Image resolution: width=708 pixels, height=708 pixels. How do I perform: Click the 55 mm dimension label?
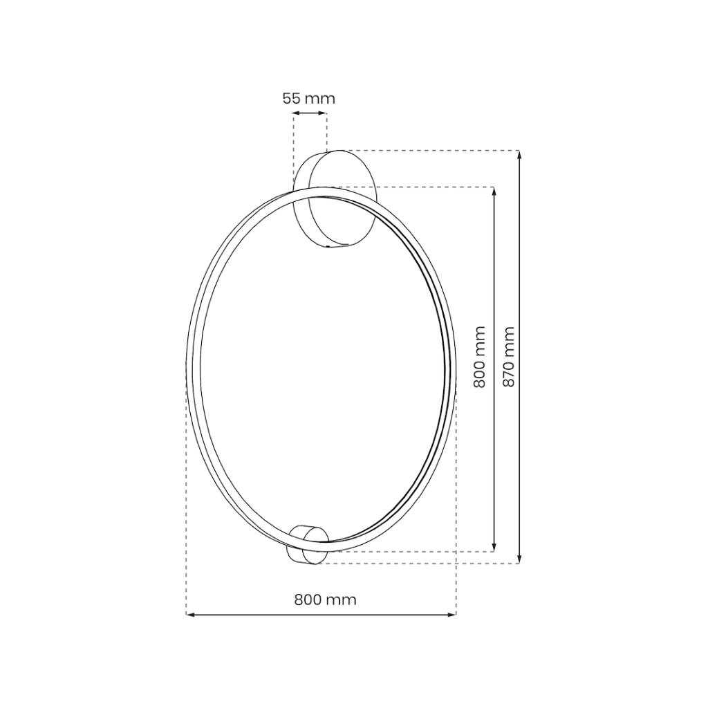click(x=309, y=98)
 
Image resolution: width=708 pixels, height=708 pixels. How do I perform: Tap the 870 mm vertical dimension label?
click(x=508, y=357)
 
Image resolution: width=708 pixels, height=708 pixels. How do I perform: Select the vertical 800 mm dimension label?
click(x=479, y=357)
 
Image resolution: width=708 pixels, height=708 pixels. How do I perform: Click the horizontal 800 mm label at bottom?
click(x=325, y=599)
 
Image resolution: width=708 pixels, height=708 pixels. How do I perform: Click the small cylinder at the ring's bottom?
click(x=308, y=545)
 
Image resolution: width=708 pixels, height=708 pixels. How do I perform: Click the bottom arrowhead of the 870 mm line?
click(x=520, y=559)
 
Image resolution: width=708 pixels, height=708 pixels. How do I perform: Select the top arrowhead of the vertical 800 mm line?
click(x=494, y=192)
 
